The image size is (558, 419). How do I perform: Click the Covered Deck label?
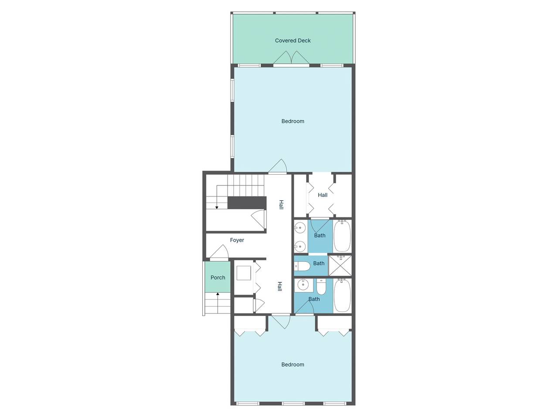click(293, 41)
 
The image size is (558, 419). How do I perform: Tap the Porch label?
click(218, 277)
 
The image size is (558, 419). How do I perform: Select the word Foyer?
click(237, 240)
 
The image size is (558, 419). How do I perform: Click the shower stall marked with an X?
click(340, 265)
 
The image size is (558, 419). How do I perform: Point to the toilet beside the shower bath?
click(303, 266)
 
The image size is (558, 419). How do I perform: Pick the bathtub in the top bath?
click(342, 236)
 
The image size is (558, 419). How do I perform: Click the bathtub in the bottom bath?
click(342, 295)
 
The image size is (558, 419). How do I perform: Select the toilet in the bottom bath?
click(321, 286)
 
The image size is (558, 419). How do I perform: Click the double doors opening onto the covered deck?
click(291, 58)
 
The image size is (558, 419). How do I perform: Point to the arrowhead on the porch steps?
click(218, 294)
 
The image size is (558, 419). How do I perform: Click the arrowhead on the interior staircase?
click(217, 208)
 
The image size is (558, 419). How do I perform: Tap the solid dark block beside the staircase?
click(247, 203)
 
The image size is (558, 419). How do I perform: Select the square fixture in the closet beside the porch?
click(244, 273)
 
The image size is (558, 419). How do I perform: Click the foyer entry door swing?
click(219, 251)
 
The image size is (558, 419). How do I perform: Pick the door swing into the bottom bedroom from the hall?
click(281, 322)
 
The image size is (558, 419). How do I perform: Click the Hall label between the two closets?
click(322, 195)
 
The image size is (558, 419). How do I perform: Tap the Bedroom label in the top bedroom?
click(293, 121)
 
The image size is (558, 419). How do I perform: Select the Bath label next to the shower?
click(319, 263)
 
